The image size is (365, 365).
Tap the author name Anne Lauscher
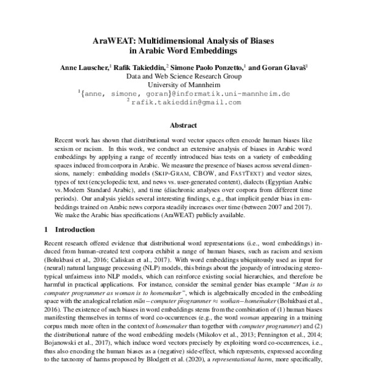click(x=84, y=68)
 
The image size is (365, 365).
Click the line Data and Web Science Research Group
click(x=182, y=77)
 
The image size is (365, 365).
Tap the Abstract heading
click(x=182, y=126)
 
